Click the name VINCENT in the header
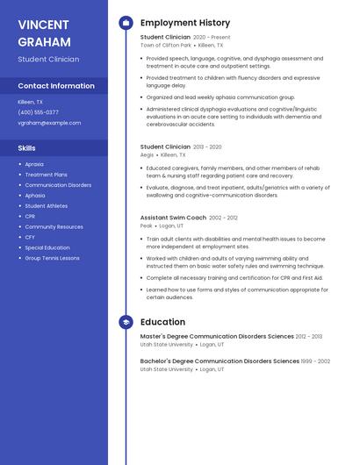click(43, 24)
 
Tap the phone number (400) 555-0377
click(39, 112)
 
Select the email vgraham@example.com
click(49, 123)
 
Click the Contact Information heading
click(56, 86)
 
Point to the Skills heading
click(27, 148)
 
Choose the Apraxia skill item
click(34, 164)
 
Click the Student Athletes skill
click(46, 206)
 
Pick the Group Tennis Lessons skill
click(52, 258)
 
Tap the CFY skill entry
click(30, 237)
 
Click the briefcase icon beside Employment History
click(126, 23)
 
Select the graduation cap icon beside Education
click(126, 322)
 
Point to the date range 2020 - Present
click(212, 38)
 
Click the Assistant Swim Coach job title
click(173, 218)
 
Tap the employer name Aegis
click(147, 154)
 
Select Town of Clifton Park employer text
click(165, 45)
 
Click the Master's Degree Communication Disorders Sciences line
click(217, 336)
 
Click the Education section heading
click(162, 322)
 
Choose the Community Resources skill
click(54, 226)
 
